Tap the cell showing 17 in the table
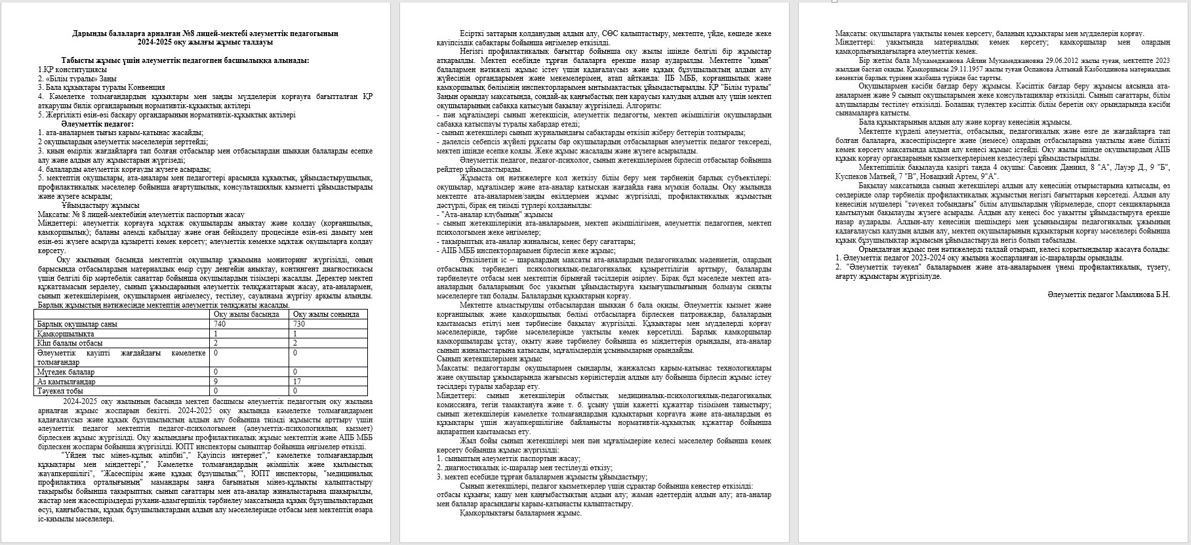coord(296,382)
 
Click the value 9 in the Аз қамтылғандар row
coord(216,382)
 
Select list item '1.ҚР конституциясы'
coord(72,70)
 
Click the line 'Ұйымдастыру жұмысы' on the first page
coord(98,205)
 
